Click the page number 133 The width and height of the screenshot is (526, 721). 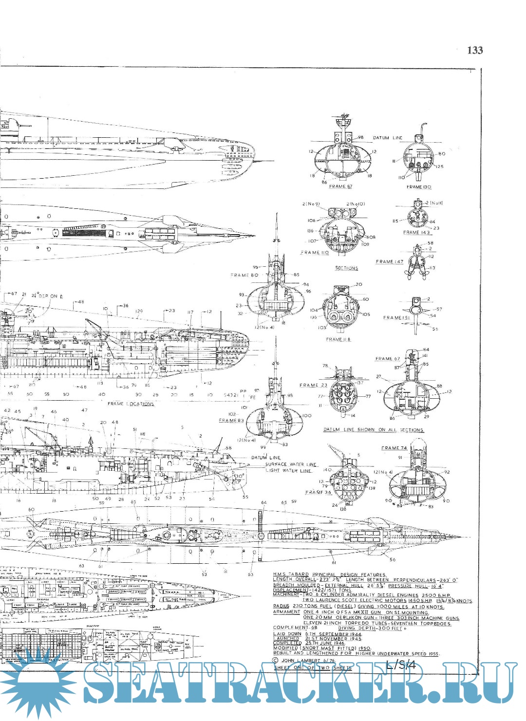pyautogui.click(x=474, y=50)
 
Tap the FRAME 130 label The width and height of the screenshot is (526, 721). pyautogui.click(x=418, y=187)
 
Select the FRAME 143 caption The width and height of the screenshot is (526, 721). pyautogui.click(x=417, y=233)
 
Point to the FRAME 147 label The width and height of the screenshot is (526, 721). pyautogui.click(x=390, y=262)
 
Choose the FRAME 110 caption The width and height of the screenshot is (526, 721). pyautogui.click(x=315, y=253)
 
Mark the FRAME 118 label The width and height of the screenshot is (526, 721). pyautogui.click(x=338, y=339)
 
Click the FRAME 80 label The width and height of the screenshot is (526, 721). pyautogui.click(x=244, y=275)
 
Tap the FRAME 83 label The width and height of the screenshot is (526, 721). pyautogui.click(x=231, y=420)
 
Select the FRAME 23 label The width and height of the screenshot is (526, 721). pyautogui.click(x=314, y=385)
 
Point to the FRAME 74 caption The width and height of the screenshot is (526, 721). pyautogui.click(x=394, y=448)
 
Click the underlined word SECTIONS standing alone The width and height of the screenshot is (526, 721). pyautogui.click(x=346, y=268)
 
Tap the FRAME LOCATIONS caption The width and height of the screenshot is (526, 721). pyautogui.click(x=131, y=404)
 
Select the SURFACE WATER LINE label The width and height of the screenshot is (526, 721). pyautogui.click(x=291, y=464)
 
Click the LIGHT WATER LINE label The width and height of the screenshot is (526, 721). pyautogui.click(x=288, y=471)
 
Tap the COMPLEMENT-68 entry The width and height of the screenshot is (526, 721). pyautogui.click(x=295, y=628)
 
